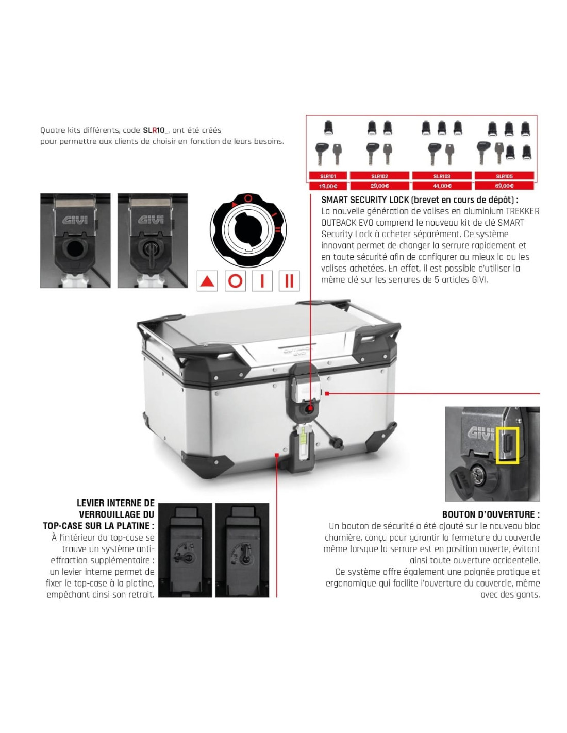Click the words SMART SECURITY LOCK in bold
pyautogui.click(x=364, y=199)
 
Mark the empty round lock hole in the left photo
pyautogui.click(x=75, y=249)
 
